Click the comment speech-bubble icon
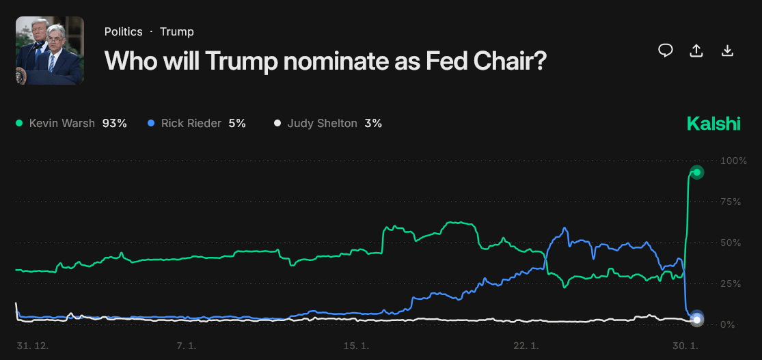pos(666,51)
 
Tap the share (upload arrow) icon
pos(696,51)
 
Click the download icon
pos(728,51)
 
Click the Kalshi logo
pos(713,124)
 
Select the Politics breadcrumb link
pos(124,31)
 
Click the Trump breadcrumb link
pos(177,31)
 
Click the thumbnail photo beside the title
pos(50,51)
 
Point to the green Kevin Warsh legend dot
pos(19,124)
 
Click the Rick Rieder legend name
pos(191,124)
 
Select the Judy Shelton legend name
pos(322,124)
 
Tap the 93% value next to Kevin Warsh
pos(115,124)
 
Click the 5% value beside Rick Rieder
pos(237,124)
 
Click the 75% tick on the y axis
pos(731,202)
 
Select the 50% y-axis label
pos(731,243)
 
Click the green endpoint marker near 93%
pos(696,172)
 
